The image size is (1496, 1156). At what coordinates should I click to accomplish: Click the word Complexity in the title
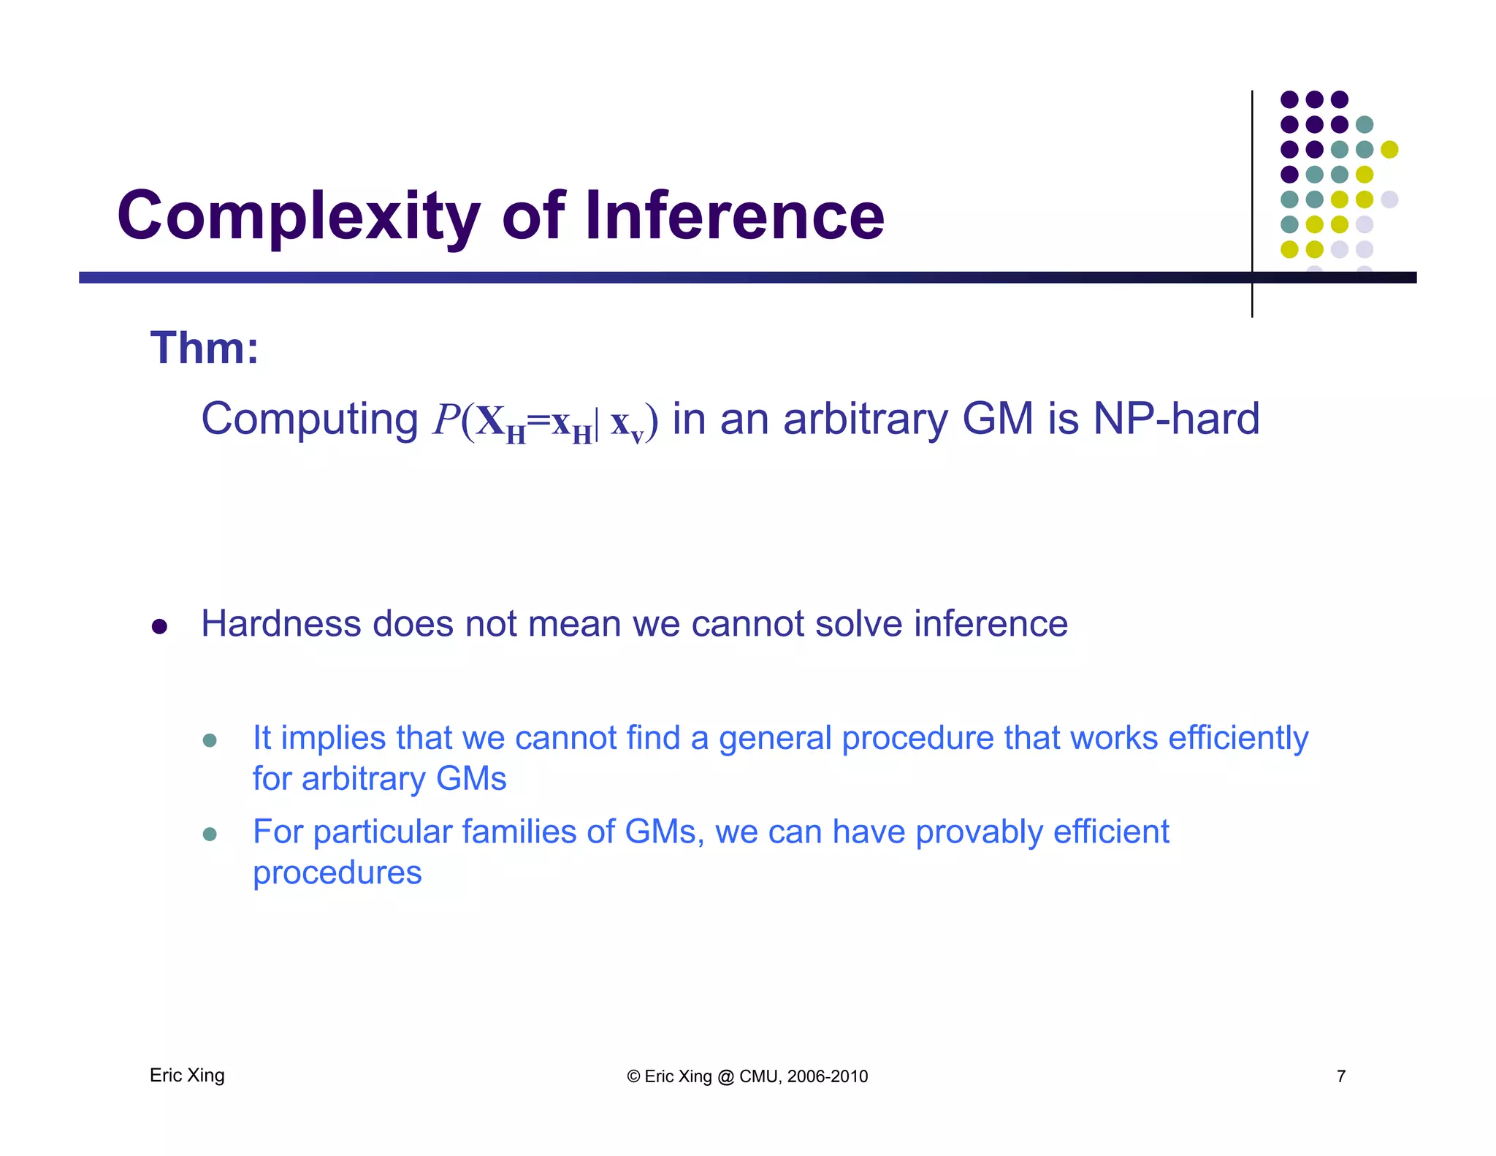click(298, 216)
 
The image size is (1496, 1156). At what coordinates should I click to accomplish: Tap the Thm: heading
click(205, 348)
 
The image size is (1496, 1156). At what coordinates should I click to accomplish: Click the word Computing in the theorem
click(309, 420)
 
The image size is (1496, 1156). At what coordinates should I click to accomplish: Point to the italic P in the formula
click(446, 420)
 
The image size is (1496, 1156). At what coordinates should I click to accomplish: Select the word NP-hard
click(1176, 420)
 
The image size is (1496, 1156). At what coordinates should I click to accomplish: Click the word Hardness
click(281, 624)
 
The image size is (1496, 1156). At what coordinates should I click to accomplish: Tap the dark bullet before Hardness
click(159, 627)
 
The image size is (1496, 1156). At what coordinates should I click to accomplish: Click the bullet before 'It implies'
click(210, 740)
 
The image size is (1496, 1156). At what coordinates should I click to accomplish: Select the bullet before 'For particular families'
click(210, 834)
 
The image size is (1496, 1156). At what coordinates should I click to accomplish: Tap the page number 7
click(1341, 1076)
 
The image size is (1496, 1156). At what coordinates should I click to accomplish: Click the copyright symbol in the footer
click(633, 1076)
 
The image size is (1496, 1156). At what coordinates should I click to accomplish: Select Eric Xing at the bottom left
click(187, 1076)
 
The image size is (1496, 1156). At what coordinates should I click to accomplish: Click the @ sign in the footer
click(725, 1076)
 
